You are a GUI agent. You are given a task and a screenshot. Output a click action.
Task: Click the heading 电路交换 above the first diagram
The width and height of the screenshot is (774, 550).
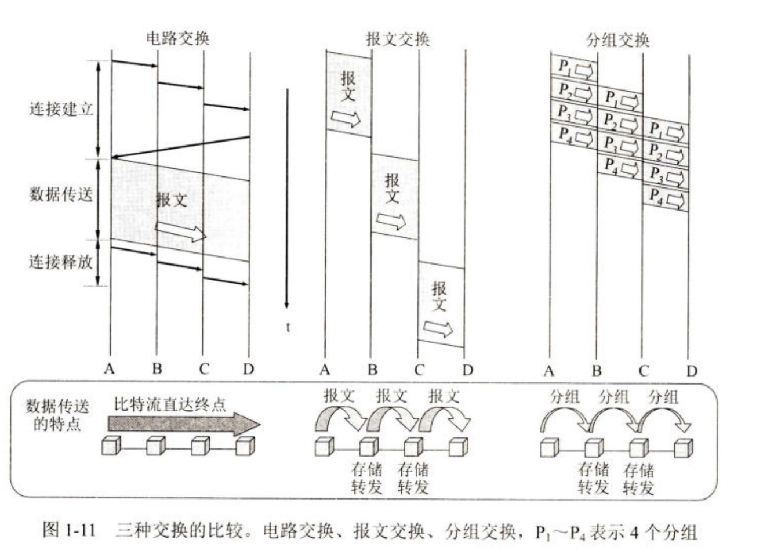tap(177, 38)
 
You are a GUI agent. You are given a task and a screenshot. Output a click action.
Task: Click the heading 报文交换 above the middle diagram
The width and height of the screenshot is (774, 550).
tap(398, 39)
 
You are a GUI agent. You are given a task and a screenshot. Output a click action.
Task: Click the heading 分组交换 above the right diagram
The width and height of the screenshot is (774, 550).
tap(617, 39)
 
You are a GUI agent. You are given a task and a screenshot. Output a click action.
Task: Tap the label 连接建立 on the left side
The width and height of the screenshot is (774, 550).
tap(61, 109)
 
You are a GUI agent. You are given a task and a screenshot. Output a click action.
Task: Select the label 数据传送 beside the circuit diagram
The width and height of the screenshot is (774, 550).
tap(61, 194)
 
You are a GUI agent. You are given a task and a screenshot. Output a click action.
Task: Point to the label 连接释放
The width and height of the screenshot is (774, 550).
tap(61, 262)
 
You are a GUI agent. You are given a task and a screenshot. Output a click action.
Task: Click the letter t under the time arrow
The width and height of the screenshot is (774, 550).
tap(288, 327)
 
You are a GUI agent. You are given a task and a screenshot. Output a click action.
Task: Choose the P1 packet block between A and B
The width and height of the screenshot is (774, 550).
tap(574, 68)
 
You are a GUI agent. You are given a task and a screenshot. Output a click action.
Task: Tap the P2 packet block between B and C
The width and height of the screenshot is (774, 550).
tap(620, 121)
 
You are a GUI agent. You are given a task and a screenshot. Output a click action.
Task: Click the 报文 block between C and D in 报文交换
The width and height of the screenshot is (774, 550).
tap(441, 305)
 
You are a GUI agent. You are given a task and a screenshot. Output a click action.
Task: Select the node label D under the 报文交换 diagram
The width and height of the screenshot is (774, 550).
tap(467, 370)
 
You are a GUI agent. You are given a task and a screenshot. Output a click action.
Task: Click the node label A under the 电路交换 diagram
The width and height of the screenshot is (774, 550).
tap(110, 368)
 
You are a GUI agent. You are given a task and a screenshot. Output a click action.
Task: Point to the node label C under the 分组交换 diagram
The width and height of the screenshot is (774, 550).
tap(644, 371)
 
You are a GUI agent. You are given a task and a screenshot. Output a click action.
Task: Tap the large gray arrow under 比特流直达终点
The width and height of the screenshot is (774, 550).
tap(184, 424)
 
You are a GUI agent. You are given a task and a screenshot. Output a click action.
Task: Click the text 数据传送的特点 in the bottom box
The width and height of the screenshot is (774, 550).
tap(57, 414)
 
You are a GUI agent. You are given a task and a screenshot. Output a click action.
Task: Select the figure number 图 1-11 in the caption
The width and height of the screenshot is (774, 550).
tap(68, 530)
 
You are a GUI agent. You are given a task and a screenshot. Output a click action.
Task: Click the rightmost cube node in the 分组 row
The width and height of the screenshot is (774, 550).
tap(684, 448)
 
